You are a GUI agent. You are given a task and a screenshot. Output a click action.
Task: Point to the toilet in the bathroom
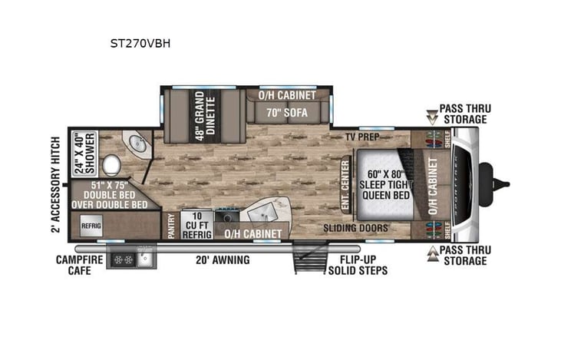click(111, 164)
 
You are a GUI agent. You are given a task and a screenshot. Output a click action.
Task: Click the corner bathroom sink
click(137, 144)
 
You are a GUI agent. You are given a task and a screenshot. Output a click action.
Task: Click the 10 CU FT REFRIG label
click(196, 224)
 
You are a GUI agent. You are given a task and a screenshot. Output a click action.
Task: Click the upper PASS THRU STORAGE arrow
click(431, 115)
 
